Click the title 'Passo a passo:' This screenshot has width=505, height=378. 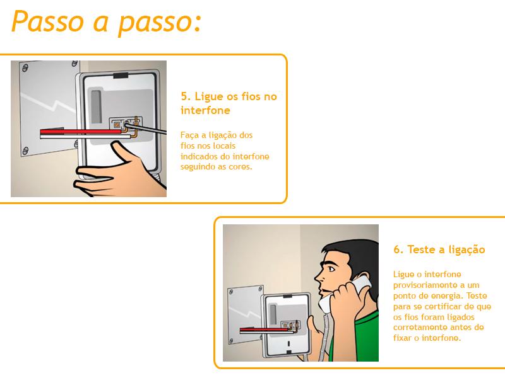pos(106,22)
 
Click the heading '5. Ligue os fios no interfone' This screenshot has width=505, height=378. pos(229,103)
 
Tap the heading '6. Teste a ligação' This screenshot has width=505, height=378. pos(439,249)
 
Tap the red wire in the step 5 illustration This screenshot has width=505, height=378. pos(81,132)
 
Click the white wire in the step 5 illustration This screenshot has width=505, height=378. pos(85,137)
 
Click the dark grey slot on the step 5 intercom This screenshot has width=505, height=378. pos(97,106)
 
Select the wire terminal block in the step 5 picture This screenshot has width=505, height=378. pos(126,123)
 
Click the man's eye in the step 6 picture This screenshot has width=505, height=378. pos(331,269)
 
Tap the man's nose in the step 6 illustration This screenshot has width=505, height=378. pos(318,276)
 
